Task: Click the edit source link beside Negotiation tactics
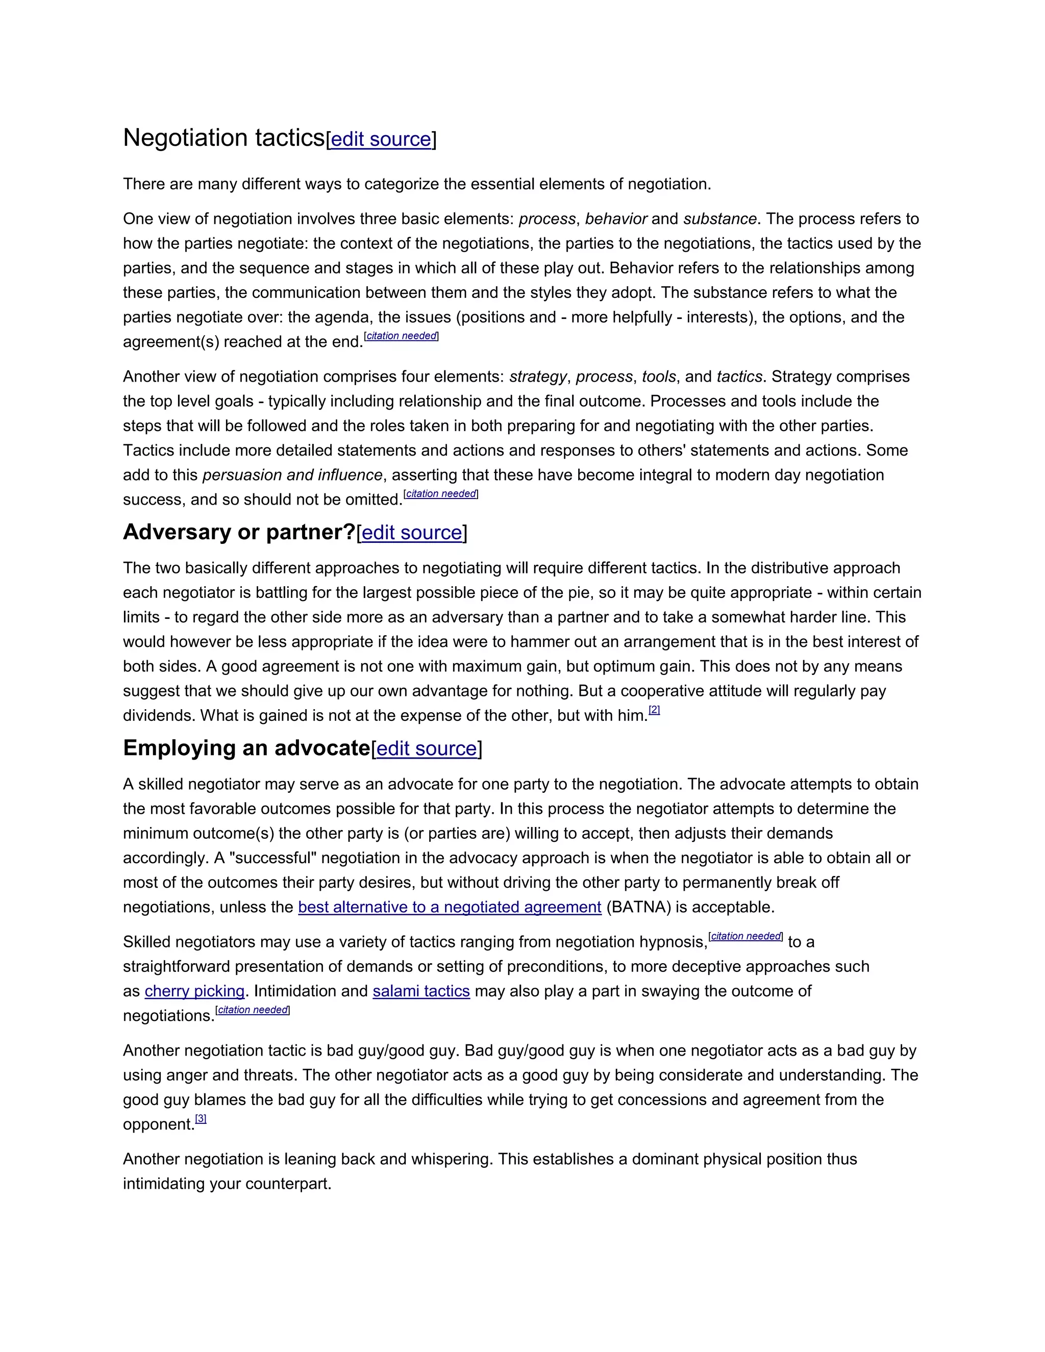381,139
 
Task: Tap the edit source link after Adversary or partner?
412,533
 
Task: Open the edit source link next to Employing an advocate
427,749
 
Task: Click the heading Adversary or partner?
239,532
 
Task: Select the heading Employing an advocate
246,748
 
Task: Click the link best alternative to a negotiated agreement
450,907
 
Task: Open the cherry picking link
194,991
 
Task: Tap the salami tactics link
421,991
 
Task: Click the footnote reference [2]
654,710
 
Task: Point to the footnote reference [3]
201,1119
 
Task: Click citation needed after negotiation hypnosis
745,936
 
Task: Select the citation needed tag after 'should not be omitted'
441,494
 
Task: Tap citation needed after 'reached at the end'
401,336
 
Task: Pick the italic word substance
719,219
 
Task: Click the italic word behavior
615,219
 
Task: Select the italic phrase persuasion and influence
292,475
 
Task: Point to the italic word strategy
537,377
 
